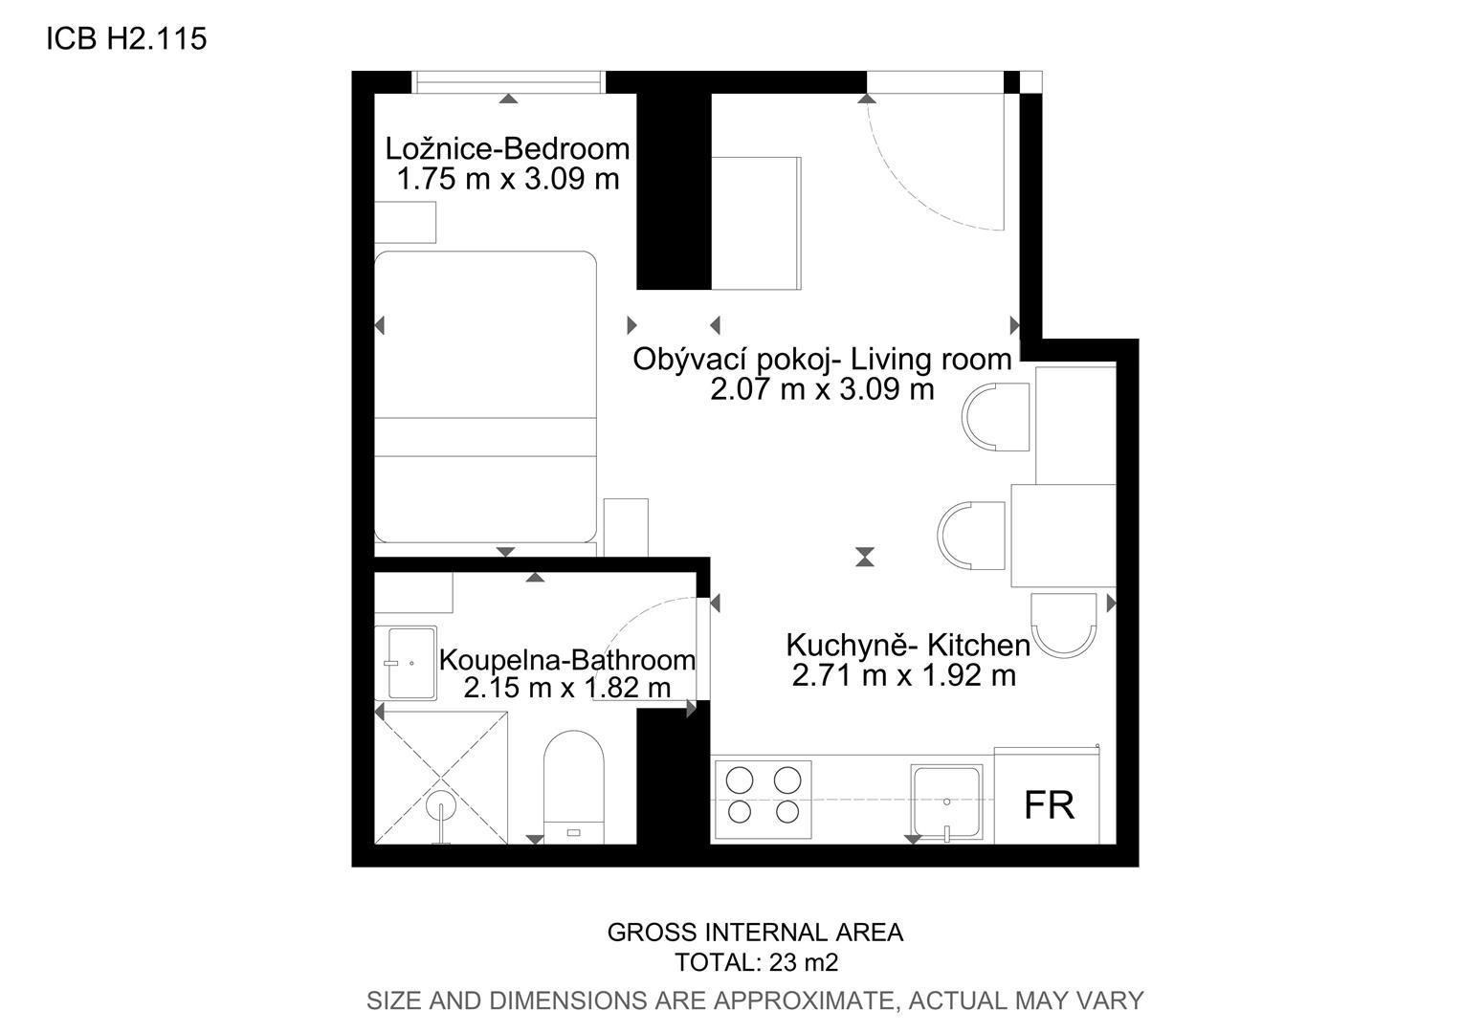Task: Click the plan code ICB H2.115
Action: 126,38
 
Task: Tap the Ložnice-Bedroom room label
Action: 507,149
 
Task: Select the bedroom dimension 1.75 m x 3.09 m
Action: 508,179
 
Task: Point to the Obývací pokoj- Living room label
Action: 823,360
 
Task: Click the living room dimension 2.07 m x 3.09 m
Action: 823,389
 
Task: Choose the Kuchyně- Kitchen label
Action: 908,646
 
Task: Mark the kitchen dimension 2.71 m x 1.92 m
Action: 904,674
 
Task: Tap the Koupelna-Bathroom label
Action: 567,660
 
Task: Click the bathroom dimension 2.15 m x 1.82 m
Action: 567,687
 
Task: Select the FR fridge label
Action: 1049,805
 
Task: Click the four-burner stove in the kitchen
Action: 763,800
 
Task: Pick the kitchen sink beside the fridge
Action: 947,802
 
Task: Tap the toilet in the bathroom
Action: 574,787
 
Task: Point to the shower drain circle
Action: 440,805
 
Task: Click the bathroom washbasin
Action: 411,663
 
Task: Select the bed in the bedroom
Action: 486,397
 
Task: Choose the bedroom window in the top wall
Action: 508,83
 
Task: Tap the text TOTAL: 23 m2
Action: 756,962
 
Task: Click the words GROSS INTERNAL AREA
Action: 755,933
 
